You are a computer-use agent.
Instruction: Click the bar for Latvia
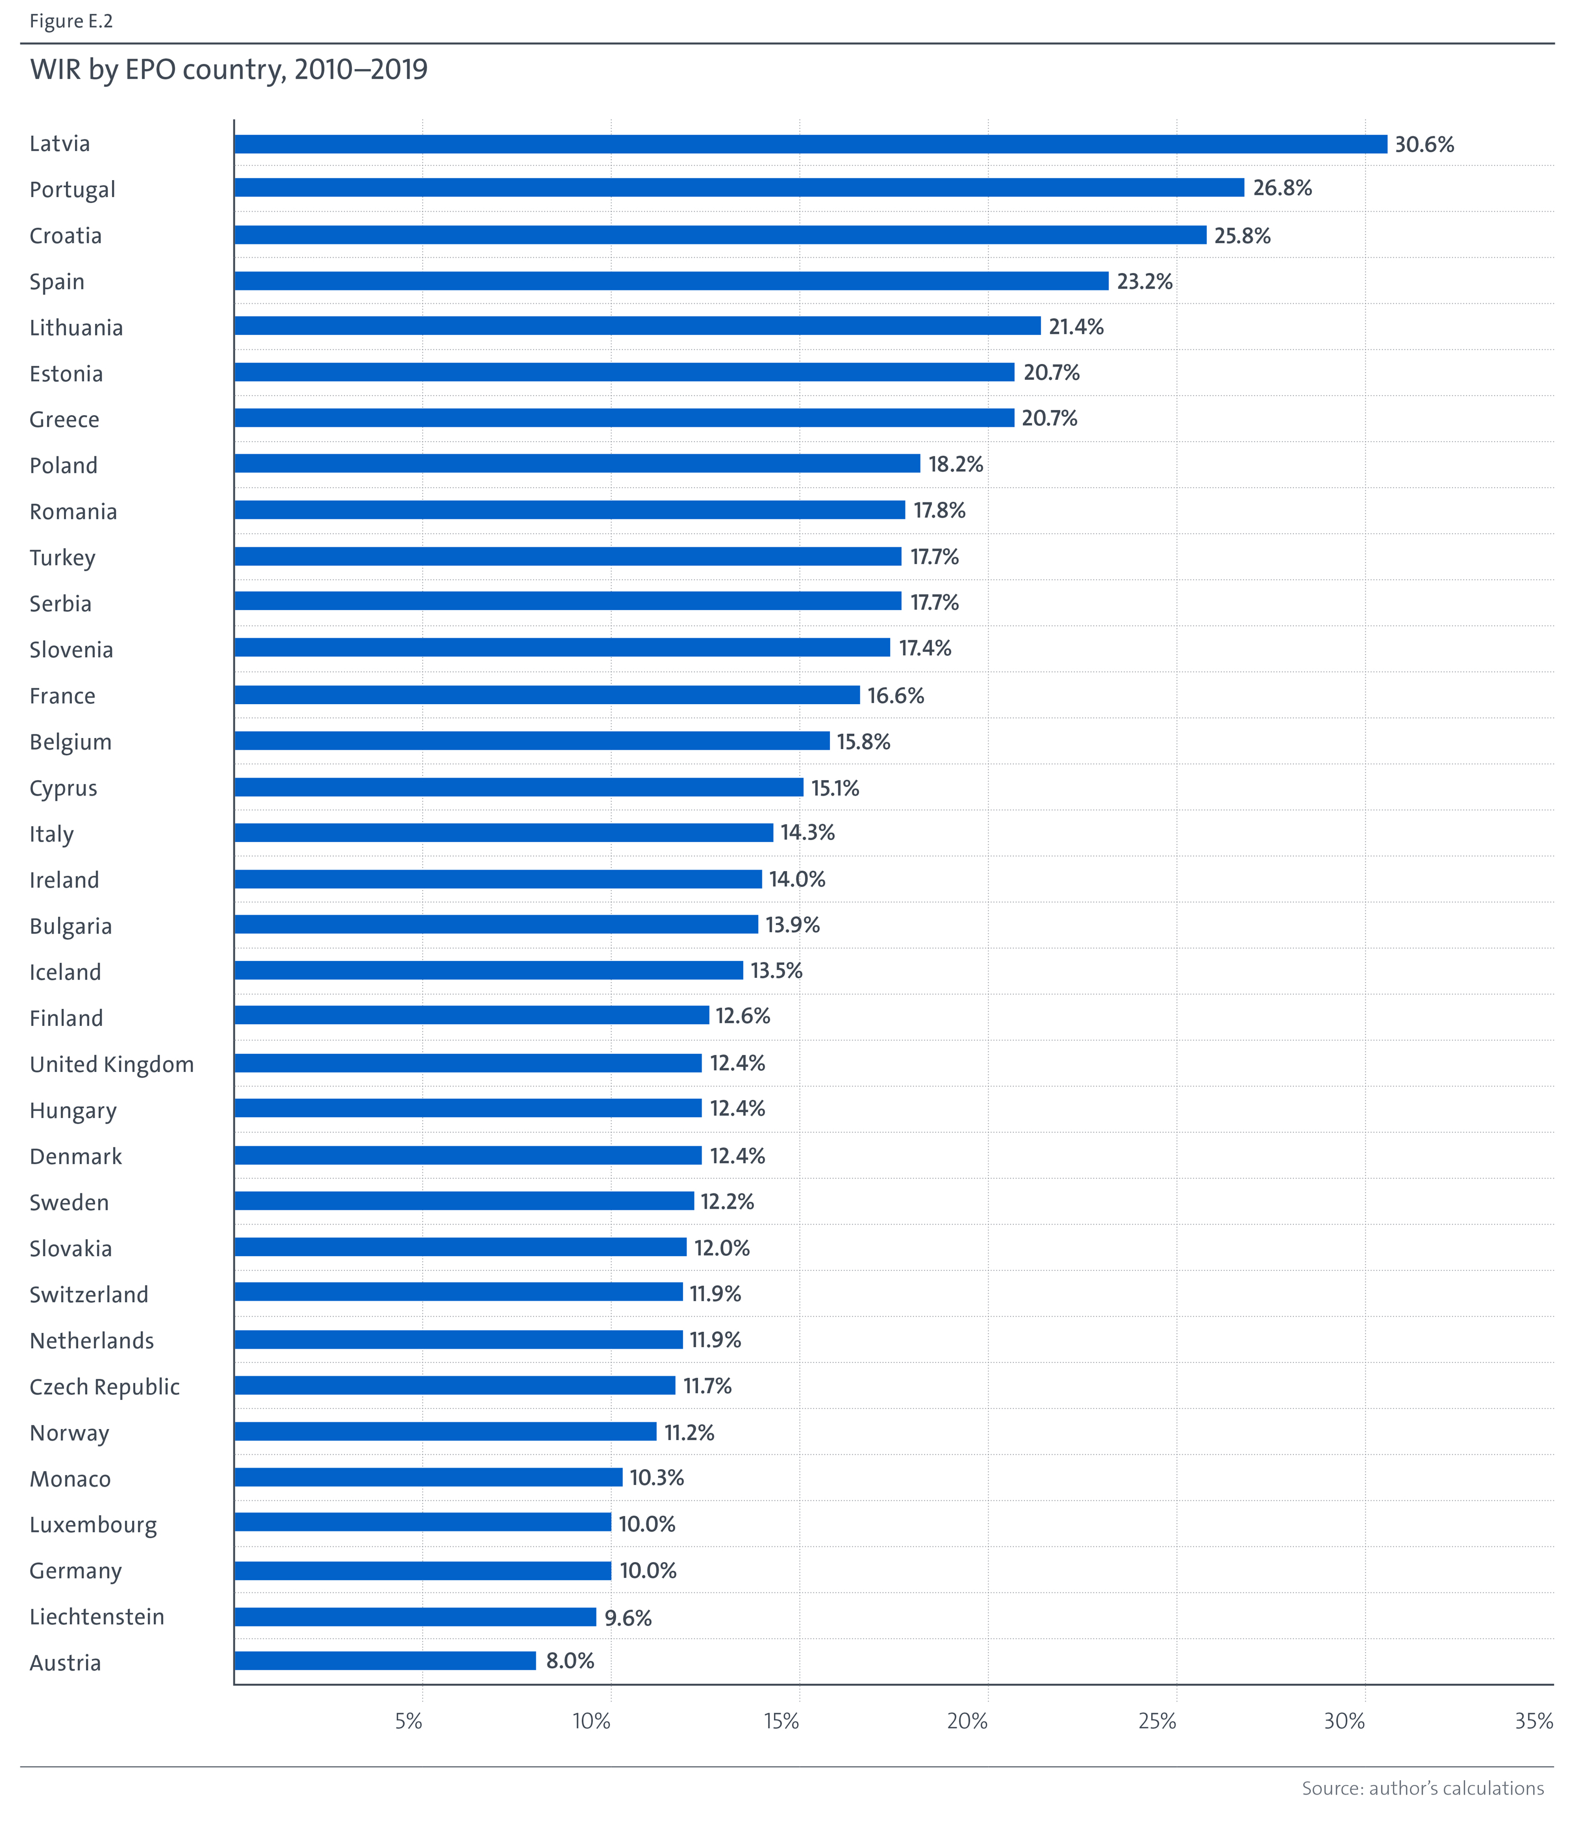tap(810, 144)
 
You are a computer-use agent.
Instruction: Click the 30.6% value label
tap(1423, 144)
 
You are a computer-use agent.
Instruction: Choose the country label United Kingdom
tap(111, 1064)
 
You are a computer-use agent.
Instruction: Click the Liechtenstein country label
tap(96, 1617)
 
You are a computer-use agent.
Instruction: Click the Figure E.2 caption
tap(71, 21)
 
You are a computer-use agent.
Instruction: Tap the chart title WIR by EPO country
tap(228, 69)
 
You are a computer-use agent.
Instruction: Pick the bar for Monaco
tap(428, 1477)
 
